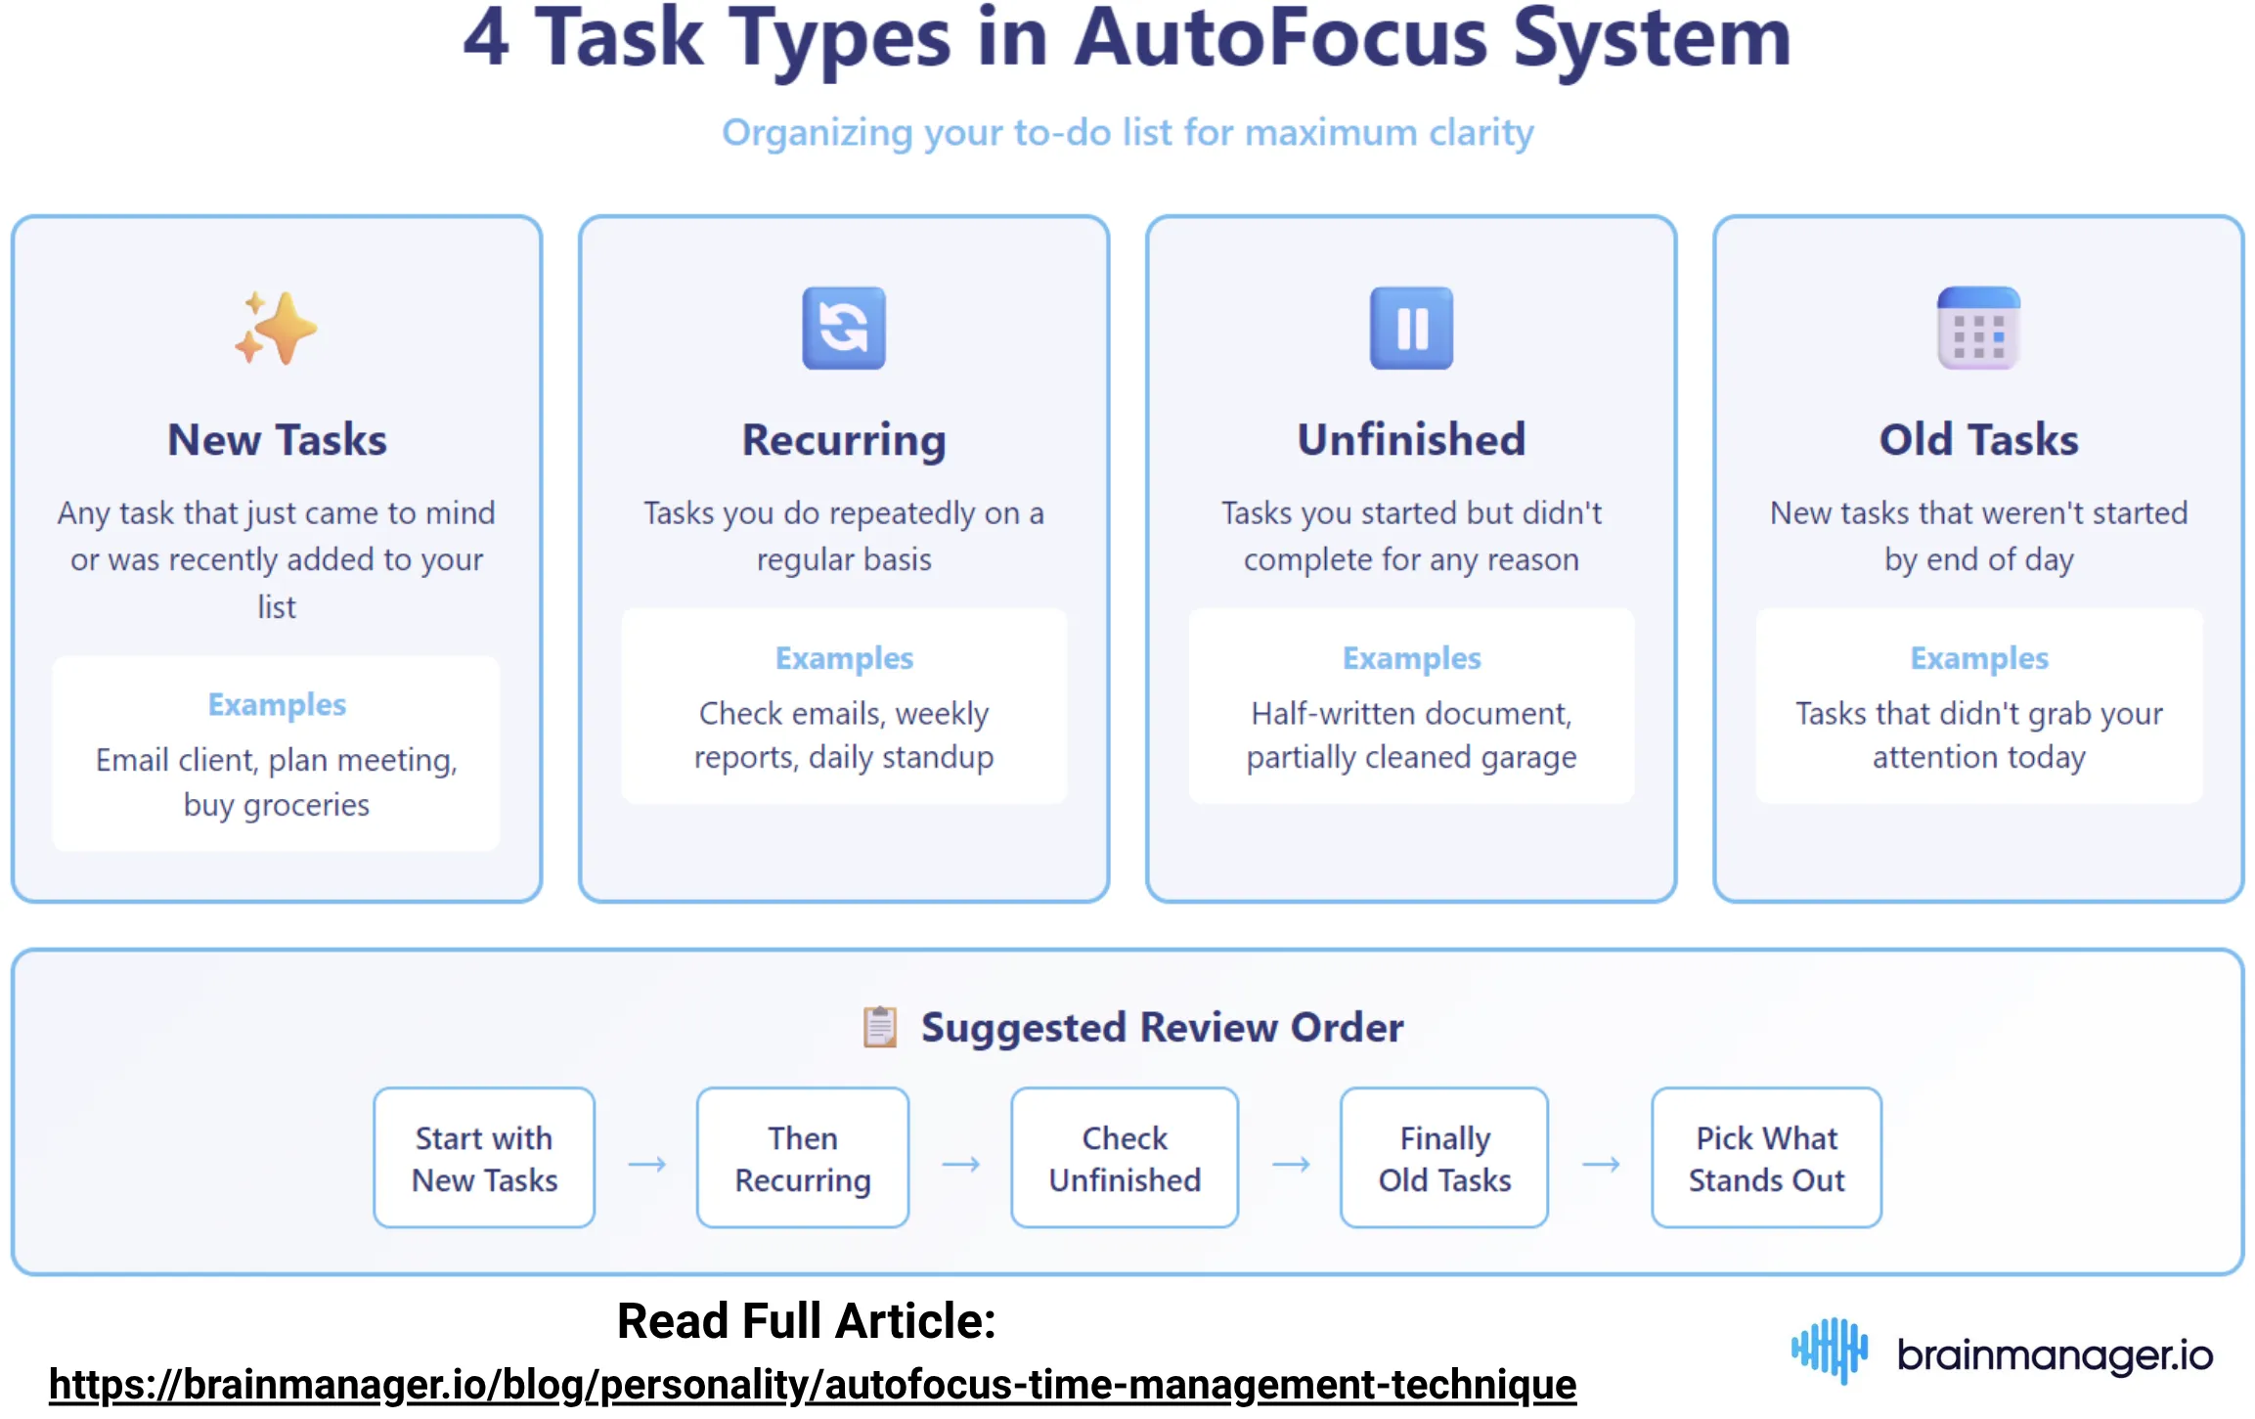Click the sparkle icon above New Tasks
(276, 328)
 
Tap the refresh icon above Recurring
(843, 328)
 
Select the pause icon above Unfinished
(1410, 328)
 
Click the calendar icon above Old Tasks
(1977, 328)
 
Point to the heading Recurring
(843, 440)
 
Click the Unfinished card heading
(1410, 440)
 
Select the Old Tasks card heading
(1977, 440)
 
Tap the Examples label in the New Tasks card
(277, 705)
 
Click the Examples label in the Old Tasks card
(1978, 659)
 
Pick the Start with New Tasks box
(484, 1158)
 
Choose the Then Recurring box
(802, 1158)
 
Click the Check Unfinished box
(1124, 1158)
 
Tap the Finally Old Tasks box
(1443, 1158)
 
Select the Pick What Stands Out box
(1765, 1158)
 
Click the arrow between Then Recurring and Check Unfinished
(960, 1164)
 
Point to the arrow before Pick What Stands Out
(1600, 1164)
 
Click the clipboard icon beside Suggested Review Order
(879, 1027)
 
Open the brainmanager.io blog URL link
(812, 1385)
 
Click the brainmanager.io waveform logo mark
(1829, 1351)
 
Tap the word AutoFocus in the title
(1280, 39)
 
